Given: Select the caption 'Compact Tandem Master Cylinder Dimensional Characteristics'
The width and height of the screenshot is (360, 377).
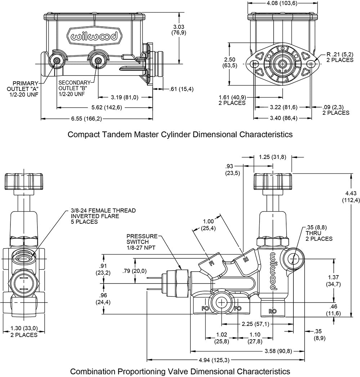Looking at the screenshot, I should (x=180, y=135).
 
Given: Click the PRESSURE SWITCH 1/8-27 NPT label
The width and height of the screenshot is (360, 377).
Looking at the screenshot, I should (x=142, y=241).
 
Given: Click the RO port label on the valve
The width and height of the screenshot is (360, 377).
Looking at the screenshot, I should (x=273, y=310).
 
